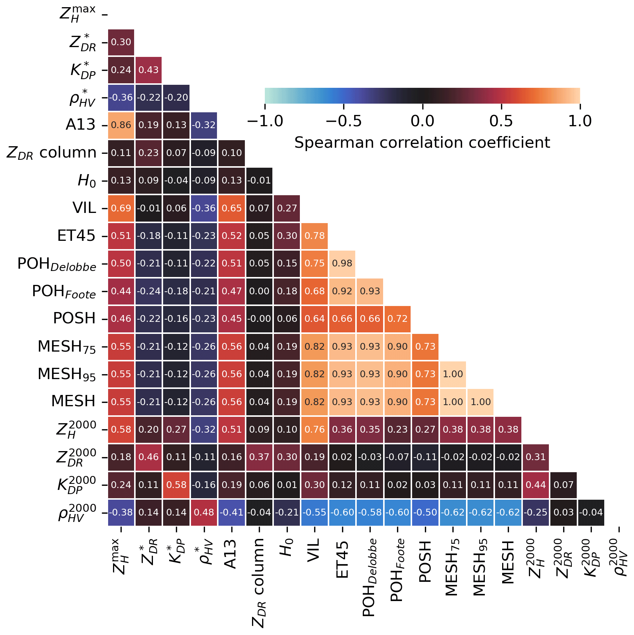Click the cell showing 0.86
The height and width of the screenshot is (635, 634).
click(x=121, y=125)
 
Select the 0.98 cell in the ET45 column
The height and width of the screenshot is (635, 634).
click(x=342, y=263)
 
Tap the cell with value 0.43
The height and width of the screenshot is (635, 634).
click(x=148, y=70)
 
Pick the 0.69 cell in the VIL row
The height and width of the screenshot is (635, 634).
click(x=121, y=208)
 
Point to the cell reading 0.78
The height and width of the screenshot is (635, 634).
click(x=315, y=236)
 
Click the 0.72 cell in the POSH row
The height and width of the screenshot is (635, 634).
click(x=397, y=319)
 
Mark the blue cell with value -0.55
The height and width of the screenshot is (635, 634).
click(x=315, y=513)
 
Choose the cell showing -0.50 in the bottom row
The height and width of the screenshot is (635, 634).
click(x=425, y=513)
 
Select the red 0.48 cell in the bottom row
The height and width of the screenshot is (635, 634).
click(x=204, y=513)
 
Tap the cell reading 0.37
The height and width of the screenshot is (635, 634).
click(x=259, y=457)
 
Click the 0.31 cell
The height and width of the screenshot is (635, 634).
click(x=536, y=457)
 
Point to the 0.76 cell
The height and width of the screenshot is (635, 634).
click(x=315, y=430)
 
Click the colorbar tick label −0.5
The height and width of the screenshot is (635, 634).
click(x=343, y=121)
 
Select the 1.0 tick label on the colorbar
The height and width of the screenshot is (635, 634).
click(x=580, y=121)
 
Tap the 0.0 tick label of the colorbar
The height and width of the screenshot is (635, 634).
click(x=422, y=121)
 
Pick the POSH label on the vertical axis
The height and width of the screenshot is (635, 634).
click(x=74, y=318)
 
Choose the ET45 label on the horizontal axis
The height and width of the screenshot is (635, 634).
click(x=342, y=560)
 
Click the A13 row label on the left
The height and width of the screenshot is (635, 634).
click(x=80, y=125)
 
